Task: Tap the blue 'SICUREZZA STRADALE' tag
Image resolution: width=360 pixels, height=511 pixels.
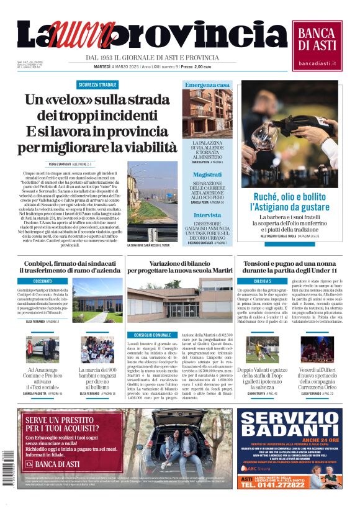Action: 97,84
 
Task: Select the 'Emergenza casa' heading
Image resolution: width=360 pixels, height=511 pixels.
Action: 207,84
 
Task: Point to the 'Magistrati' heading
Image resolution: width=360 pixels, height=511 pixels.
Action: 207,175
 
